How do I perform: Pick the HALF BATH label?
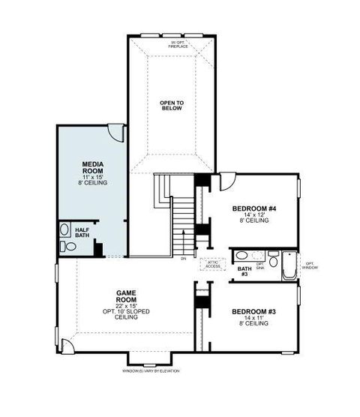82,232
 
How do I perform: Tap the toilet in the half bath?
64,230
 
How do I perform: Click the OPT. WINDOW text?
310,265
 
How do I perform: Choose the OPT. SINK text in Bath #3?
261,265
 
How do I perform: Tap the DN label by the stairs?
183,259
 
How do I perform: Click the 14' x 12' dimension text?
253,214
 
